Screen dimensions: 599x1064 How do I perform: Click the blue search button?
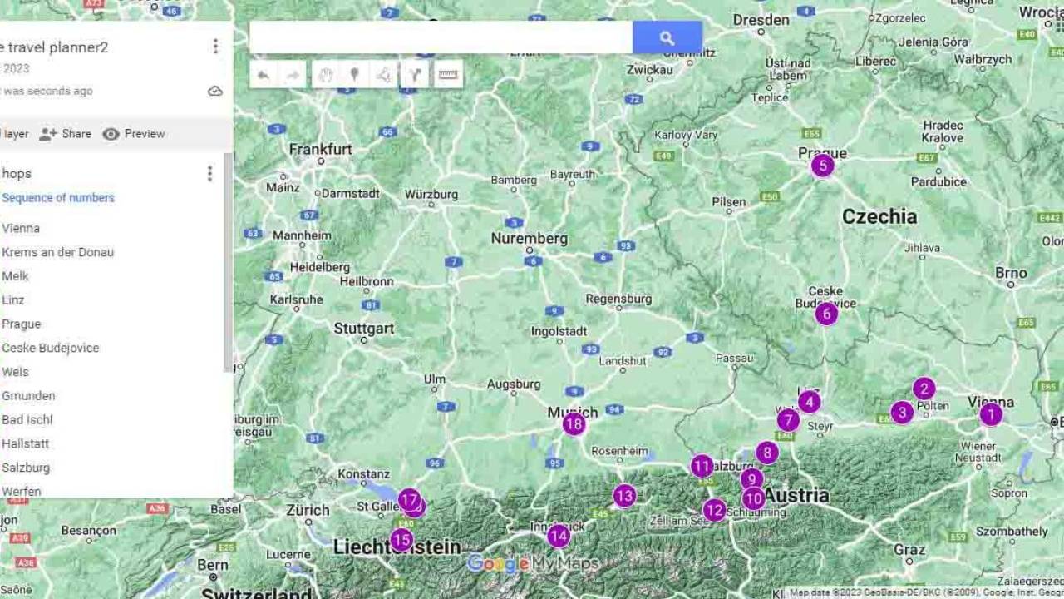(x=667, y=37)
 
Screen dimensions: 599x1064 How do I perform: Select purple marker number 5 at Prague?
(x=822, y=166)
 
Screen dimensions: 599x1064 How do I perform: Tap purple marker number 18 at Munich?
(x=574, y=424)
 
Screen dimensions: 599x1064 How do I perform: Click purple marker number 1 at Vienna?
(x=990, y=414)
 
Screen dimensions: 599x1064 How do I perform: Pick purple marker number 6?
(x=825, y=314)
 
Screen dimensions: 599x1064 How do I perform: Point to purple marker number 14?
(x=559, y=536)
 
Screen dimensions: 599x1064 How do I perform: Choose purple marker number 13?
(x=624, y=496)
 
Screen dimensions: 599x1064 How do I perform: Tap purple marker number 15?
(x=401, y=540)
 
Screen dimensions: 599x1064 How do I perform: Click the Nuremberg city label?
(x=529, y=239)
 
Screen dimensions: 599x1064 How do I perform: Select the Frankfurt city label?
(x=321, y=150)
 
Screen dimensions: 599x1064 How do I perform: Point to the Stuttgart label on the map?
(x=364, y=329)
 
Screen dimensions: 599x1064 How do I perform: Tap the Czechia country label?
(x=879, y=217)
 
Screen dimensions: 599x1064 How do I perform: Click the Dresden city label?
(x=761, y=19)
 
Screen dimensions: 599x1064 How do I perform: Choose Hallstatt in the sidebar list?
(x=26, y=443)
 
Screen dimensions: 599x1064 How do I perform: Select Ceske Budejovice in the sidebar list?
(x=51, y=348)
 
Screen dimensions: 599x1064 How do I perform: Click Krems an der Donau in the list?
(x=58, y=252)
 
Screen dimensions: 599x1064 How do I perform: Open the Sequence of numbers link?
(x=58, y=198)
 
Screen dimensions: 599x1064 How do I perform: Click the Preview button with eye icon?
(x=134, y=134)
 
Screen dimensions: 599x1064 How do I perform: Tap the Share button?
(x=66, y=134)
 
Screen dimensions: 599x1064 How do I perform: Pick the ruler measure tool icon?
(x=448, y=75)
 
